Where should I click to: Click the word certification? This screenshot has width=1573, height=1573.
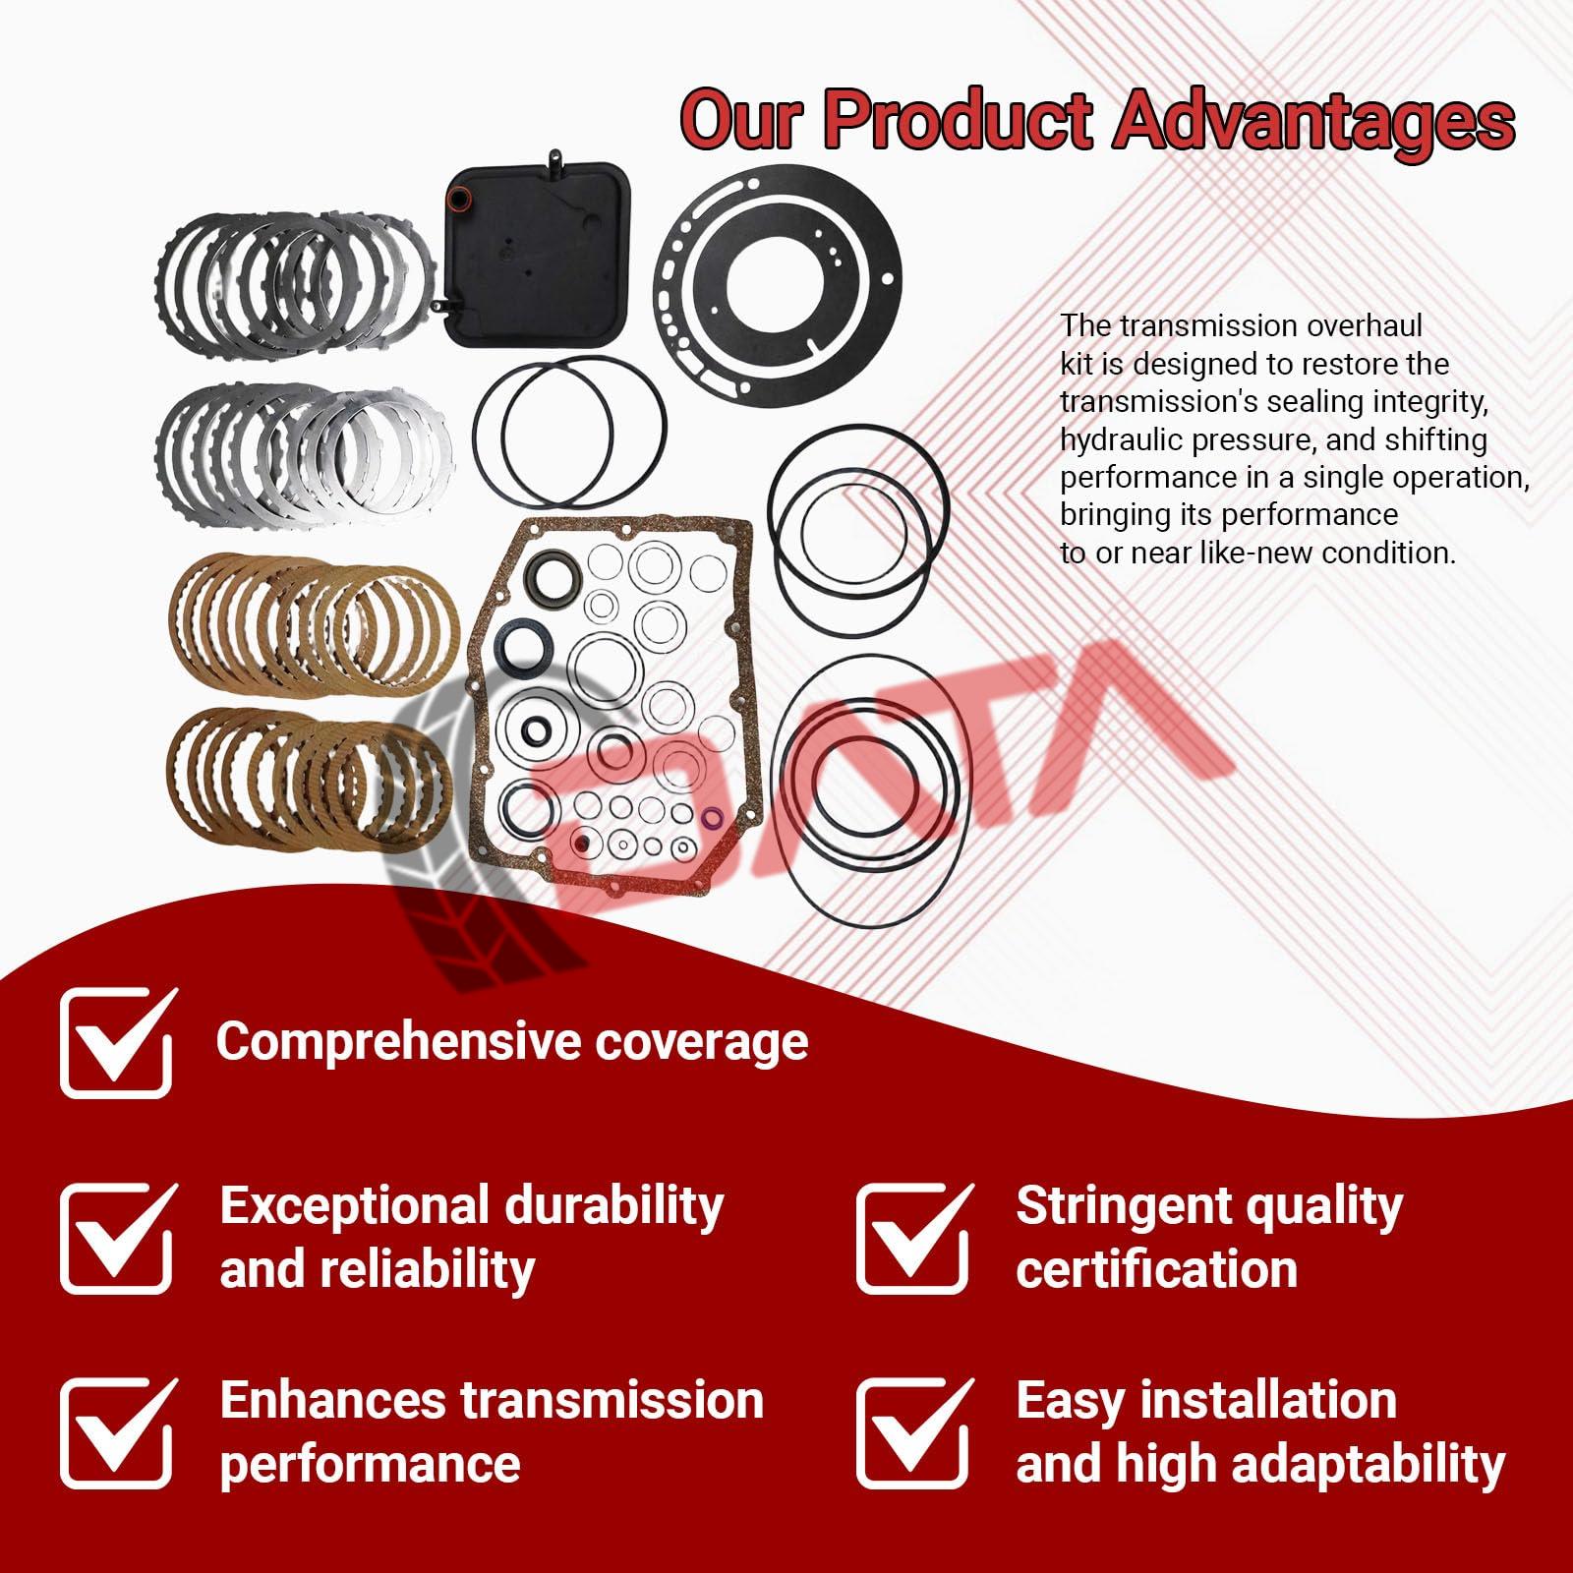(x=1157, y=1269)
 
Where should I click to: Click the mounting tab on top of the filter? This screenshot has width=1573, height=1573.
(x=556, y=157)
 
